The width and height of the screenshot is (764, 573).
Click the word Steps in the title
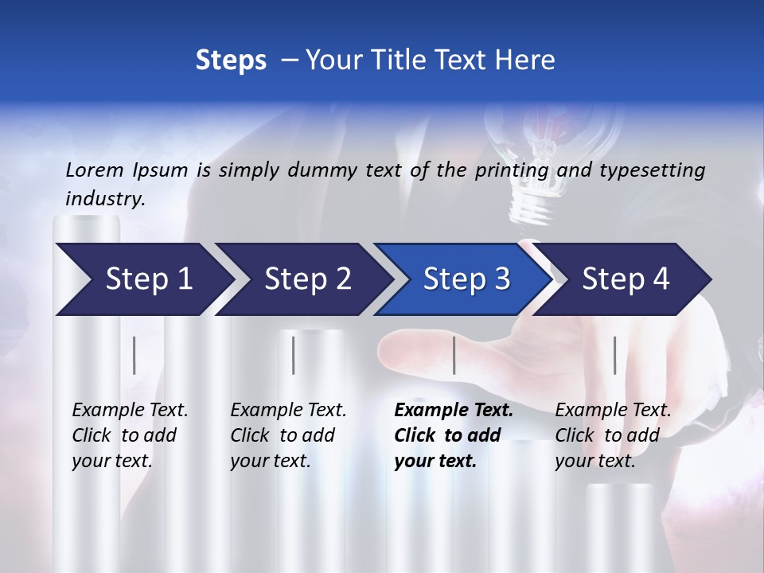click(x=231, y=60)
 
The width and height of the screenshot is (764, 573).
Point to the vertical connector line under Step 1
click(x=134, y=355)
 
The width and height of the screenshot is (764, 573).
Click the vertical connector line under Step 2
click(x=294, y=355)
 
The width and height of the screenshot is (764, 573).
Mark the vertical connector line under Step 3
click(x=454, y=355)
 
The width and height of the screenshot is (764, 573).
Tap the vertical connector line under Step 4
click(x=614, y=355)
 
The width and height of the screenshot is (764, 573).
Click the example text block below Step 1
click(x=130, y=435)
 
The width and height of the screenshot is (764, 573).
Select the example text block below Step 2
click(x=288, y=435)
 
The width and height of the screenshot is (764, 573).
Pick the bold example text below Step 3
click(x=454, y=435)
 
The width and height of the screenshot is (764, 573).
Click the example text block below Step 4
click(x=613, y=435)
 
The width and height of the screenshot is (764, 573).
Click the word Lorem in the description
click(x=95, y=170)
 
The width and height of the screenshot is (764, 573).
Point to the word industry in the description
click(x=105, y=199)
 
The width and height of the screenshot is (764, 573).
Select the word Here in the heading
click(x=525, y=60)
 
